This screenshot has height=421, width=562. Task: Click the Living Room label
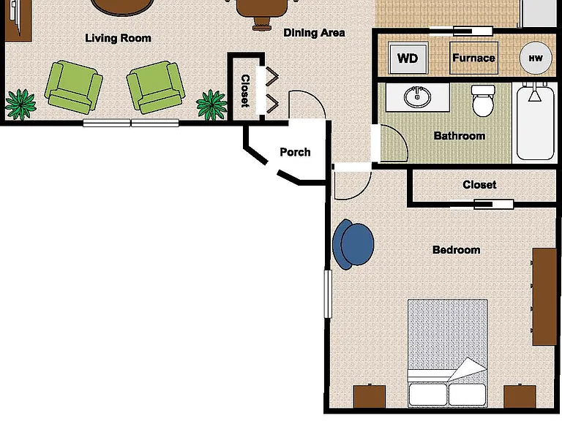(x=118, y=38)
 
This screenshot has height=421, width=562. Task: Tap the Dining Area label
(x=315, y=33)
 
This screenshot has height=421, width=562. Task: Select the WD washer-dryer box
(x=408, y=58)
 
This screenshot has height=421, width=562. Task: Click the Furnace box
(x=474, y=58)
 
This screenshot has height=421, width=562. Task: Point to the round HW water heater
(x=536, y=58)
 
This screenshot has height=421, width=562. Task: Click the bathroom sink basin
(x=418, y=96)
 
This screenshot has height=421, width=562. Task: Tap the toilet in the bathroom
(x=484, y=101)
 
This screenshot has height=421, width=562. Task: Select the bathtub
(x=534, y=121)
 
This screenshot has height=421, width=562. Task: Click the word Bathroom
(x=460, y=136)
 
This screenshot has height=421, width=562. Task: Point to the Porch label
(x=295, y=152)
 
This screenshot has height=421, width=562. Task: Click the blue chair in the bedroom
(x=353, y=245)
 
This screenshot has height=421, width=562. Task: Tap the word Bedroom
(x=457, y=250)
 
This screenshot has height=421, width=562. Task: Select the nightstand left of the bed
(x=370, y=396)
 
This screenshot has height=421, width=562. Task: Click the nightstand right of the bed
(x=520, y=396)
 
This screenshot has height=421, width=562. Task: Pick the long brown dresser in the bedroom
(x=544, y=297)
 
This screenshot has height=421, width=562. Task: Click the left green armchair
(x=73, y=87)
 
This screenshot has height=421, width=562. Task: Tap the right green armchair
(x=156, y=87)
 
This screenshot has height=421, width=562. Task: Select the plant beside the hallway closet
(x=211, y=105)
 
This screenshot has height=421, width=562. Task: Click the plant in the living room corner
(x=20, y=105)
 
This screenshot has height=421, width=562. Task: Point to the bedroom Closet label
(x=479, y=185)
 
